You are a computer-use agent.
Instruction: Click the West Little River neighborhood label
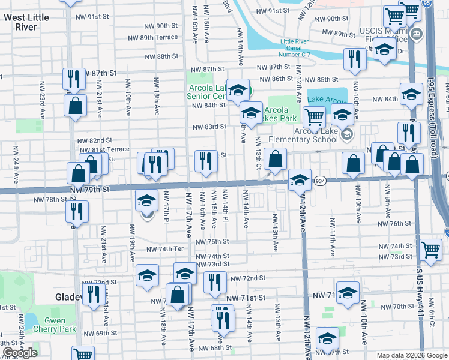coord(26,22)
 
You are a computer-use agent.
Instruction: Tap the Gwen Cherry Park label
coord(55,325)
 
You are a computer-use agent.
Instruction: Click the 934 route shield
coord(320,181)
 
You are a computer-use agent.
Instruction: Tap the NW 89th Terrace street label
coord(151,37)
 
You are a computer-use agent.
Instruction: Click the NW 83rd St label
coord(209,127)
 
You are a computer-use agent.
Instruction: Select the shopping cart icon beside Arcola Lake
coord(314,116)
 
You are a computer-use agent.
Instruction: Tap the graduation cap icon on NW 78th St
coord(145,200)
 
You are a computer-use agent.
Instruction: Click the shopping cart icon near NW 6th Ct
coord(431,249)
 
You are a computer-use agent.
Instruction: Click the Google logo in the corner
coord(20,353)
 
